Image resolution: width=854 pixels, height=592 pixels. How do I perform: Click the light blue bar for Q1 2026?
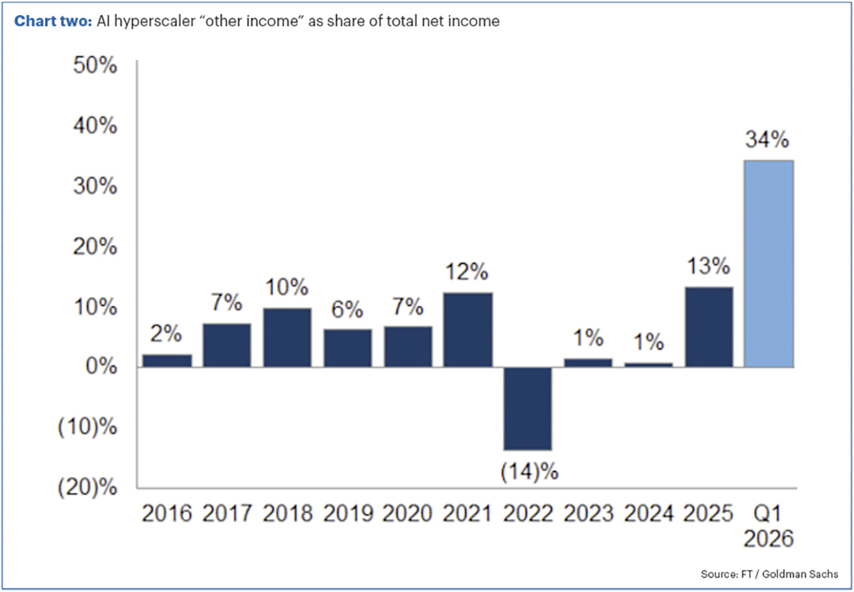[769, 264]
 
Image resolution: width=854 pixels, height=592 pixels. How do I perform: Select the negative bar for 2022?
[527, 408]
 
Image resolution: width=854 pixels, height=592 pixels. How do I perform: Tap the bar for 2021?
[468, 330]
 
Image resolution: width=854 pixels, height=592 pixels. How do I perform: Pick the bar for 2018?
[287, 337]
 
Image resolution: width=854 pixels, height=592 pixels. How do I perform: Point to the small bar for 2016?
[167, 361]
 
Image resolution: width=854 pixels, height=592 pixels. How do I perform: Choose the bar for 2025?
[709, 327]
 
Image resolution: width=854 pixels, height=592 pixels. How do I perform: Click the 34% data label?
[767, 140]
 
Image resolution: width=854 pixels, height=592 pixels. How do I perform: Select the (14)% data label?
[529, 472]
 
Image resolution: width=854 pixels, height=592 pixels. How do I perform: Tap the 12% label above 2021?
[467, 272]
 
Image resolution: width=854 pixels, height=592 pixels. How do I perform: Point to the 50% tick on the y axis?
[96, 66]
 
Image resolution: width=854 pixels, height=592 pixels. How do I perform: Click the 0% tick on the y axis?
[102, 367]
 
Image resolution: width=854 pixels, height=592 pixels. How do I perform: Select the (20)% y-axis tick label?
[89, 488]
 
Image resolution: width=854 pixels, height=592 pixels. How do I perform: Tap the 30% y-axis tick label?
[96, 187]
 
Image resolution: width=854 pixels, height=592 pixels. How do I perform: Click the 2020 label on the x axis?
[408, 514]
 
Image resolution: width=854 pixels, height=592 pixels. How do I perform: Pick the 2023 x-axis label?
[589, 514]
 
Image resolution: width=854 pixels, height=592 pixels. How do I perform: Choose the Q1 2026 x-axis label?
[769, 526]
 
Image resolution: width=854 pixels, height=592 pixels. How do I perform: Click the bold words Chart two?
[54, 21]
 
